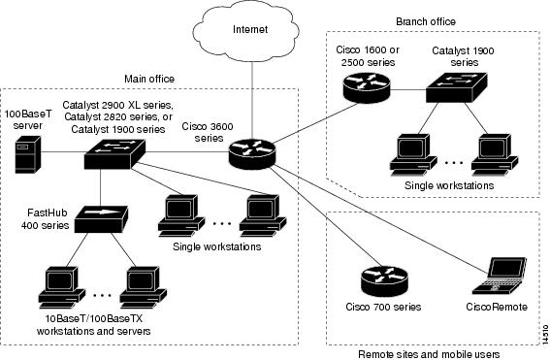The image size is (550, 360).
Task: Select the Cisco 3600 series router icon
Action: point(252,151)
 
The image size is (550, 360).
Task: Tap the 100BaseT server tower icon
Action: point(26,154)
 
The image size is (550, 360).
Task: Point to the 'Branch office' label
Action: point(426,20)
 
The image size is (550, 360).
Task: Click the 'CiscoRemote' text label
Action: point(497,309)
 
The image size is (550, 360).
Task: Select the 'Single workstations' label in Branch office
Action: point(448,184)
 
